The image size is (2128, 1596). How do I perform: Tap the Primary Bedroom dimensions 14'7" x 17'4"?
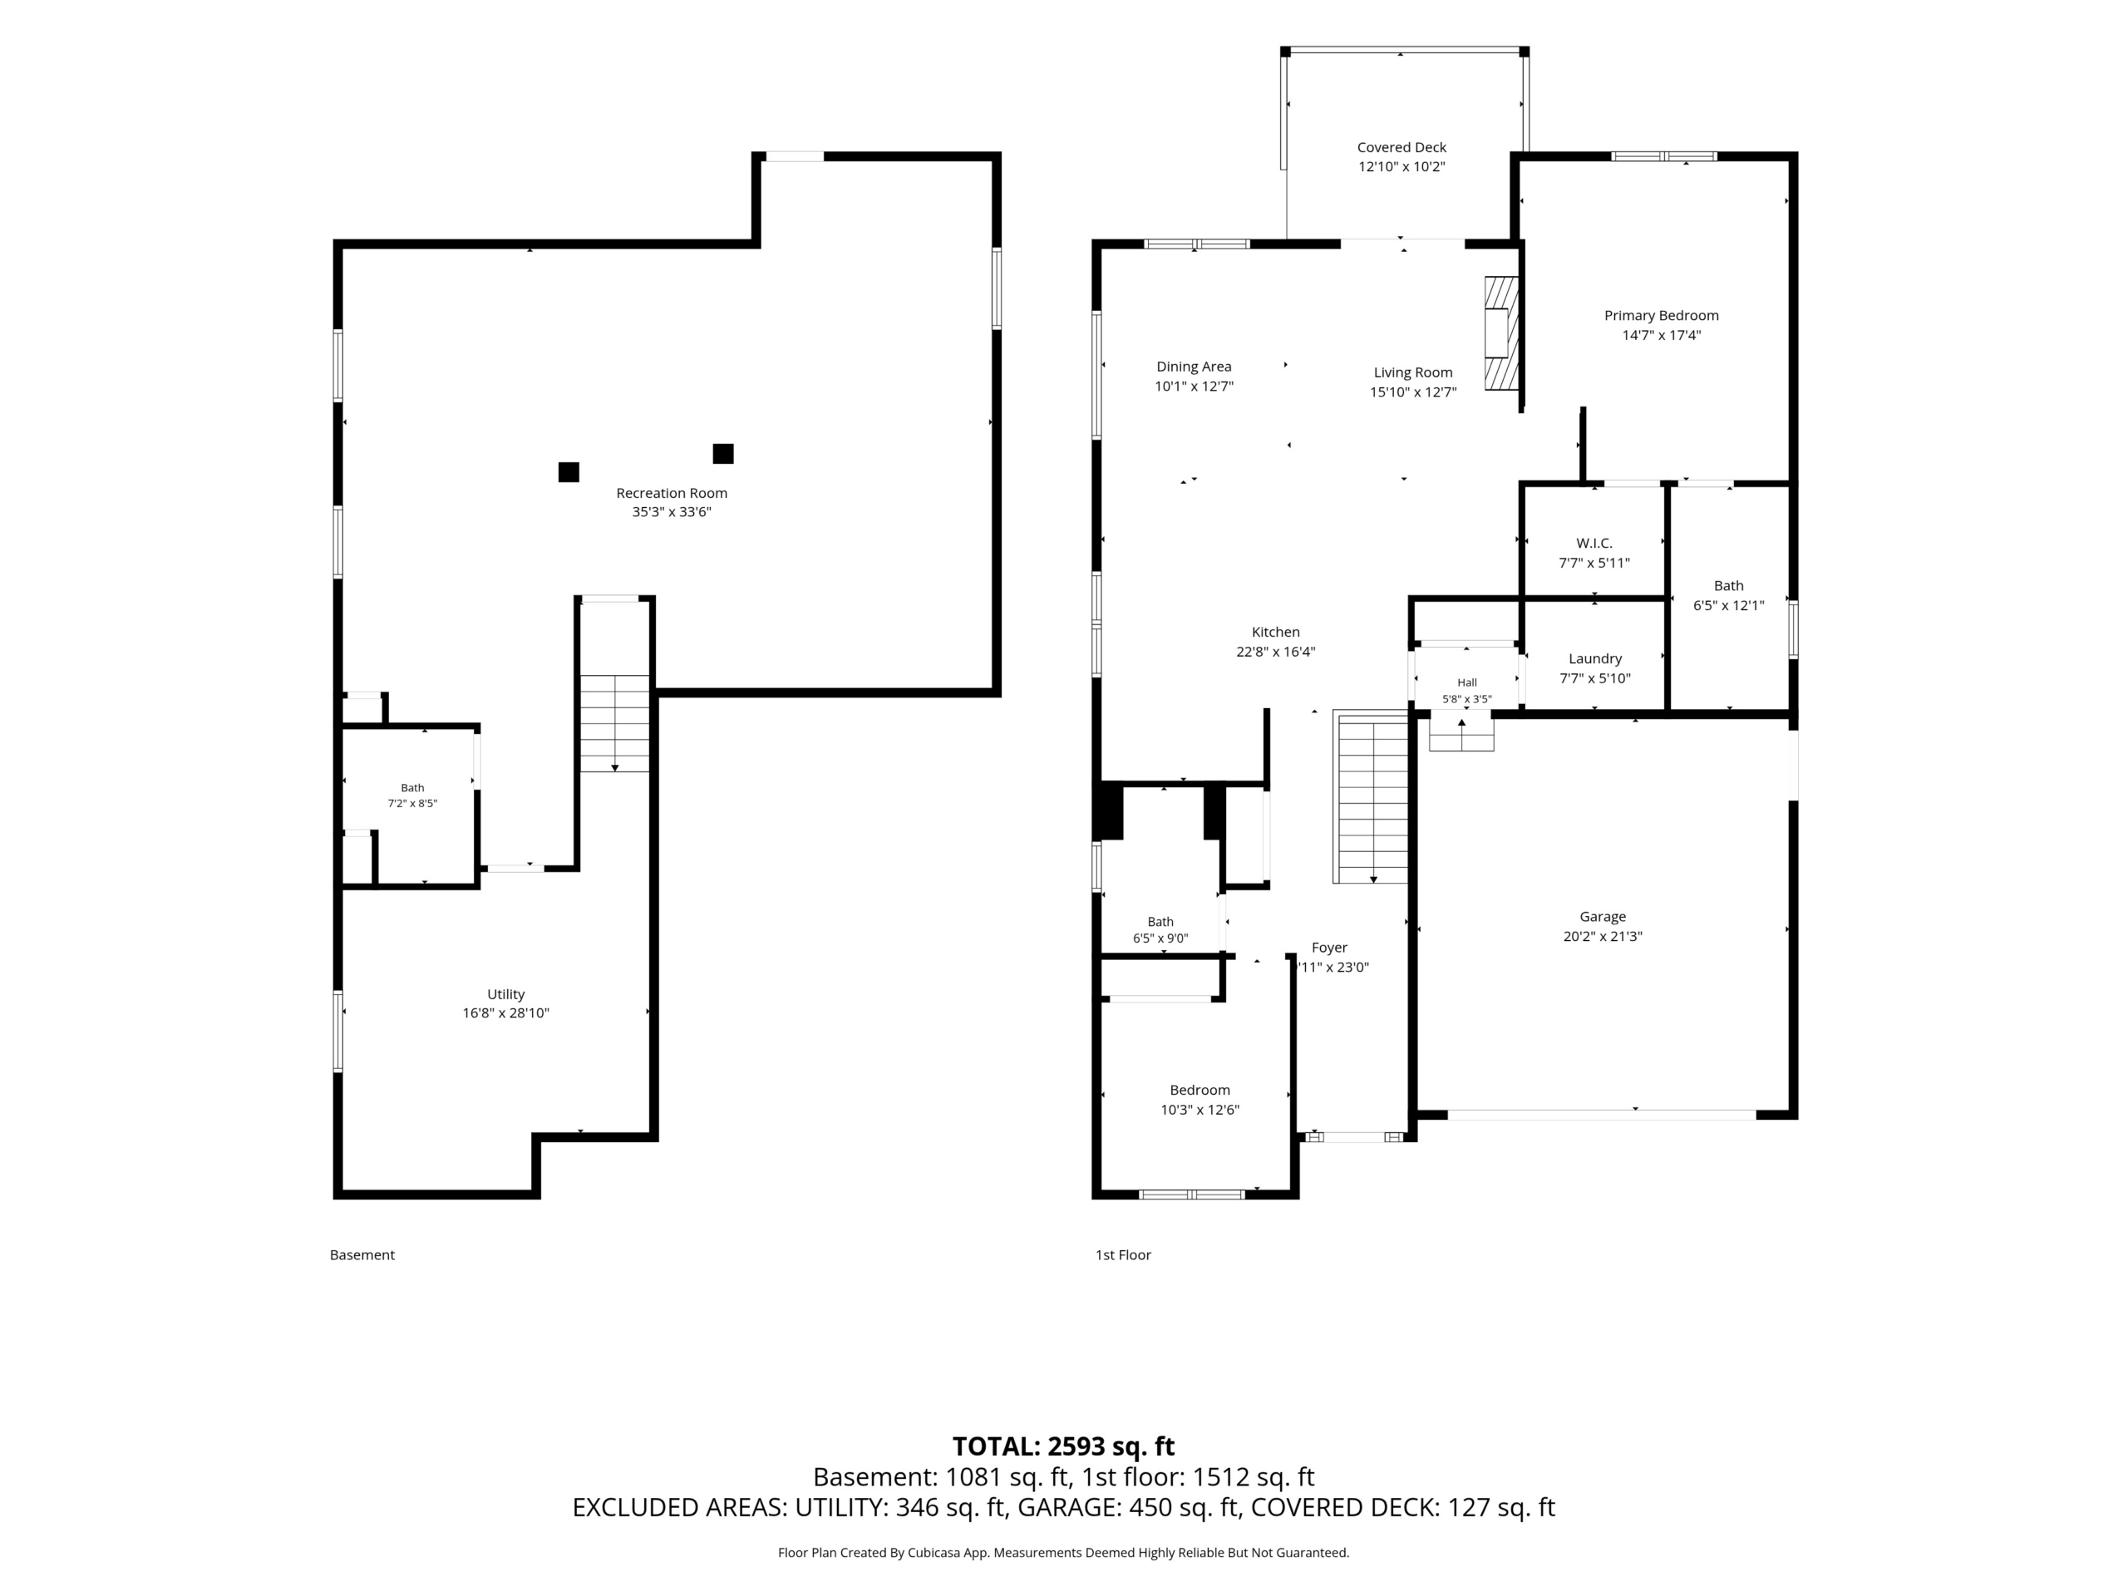(1662, 336)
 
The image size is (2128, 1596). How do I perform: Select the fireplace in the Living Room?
(1500, 332)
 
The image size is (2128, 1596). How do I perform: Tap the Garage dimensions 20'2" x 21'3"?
(1603, 936)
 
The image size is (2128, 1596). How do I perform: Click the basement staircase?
(615, 722)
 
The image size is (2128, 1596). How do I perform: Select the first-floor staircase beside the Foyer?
(1371, 797)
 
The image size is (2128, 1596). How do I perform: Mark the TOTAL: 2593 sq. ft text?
(1063, 1446)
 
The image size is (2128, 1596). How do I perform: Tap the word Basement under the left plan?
(362, 1254)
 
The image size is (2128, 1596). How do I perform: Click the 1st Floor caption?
(1123, 1254)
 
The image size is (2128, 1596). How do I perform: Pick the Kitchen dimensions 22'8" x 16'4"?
(1276, 652)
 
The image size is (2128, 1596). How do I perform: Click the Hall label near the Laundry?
(1467, 683)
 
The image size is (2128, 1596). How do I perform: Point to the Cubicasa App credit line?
(1063, 1552)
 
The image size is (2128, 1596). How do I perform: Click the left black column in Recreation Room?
(569, 471)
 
